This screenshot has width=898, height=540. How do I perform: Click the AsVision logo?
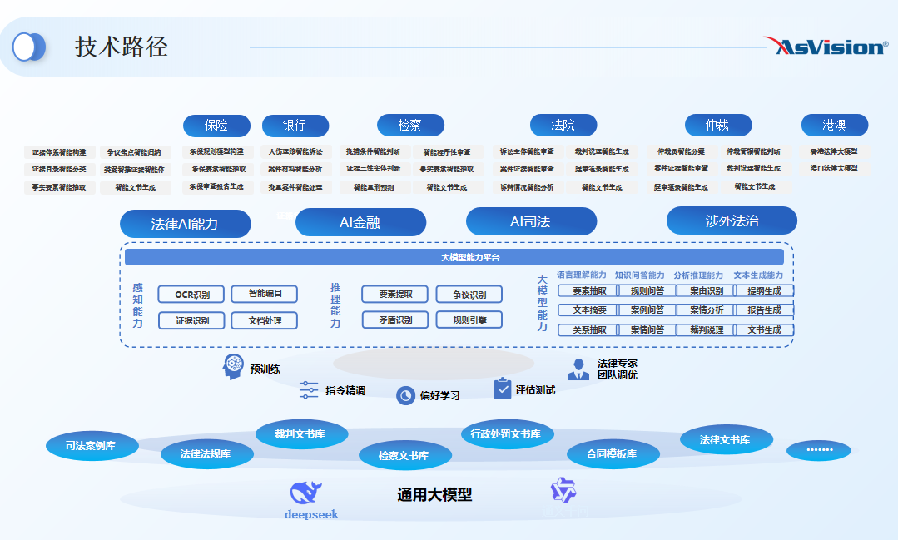tap(826, 46)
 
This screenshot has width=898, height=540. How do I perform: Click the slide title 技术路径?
tap(122, 47)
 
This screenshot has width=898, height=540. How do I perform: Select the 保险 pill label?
tap(216, 126)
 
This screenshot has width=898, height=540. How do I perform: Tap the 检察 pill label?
tap(410, 126)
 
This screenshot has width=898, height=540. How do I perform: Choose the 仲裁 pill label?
tap(717, 126)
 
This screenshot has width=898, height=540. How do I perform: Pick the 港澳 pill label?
tap(834, 126)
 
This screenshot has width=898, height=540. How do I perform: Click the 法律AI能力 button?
tap(185, 223)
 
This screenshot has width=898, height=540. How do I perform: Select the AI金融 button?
tap(360, 222)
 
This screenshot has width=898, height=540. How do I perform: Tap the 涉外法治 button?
tap(732, 220)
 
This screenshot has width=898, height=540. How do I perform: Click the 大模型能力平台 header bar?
tap(454, 257)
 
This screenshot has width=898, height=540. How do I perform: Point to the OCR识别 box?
tap(191, 294)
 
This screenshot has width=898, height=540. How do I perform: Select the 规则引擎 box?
tap(469, 320)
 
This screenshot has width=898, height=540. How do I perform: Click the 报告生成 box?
tap(764, 310)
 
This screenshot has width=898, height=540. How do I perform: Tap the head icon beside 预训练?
tap(233, 367)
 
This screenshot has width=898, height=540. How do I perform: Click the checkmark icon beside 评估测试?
tap(502, 389)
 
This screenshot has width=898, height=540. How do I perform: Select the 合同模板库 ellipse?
tap(612, 453)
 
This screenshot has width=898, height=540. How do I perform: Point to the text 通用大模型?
tap(434, 495)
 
